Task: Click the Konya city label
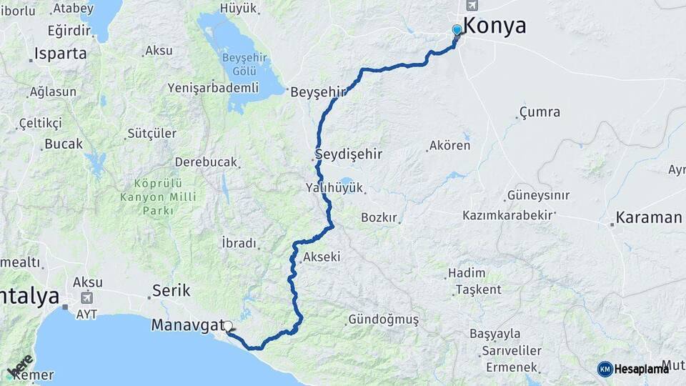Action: coord(494,26)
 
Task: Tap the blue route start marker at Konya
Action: coord(457,30)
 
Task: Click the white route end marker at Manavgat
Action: coord(228,327)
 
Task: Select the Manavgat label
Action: coord(187,325)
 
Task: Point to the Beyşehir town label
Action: coord(318,91)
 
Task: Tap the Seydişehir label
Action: coord(350,154)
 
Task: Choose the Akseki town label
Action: coord(322,257)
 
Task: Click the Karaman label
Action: coord(649,217)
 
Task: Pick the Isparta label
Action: coord(61,54)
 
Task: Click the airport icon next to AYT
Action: coord(87,298)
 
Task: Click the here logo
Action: coord(21,365)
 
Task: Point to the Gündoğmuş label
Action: coord(384,320)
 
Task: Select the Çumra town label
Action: coord(540,112)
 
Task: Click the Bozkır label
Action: coord(379,217)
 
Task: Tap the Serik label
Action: coord(171,291)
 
